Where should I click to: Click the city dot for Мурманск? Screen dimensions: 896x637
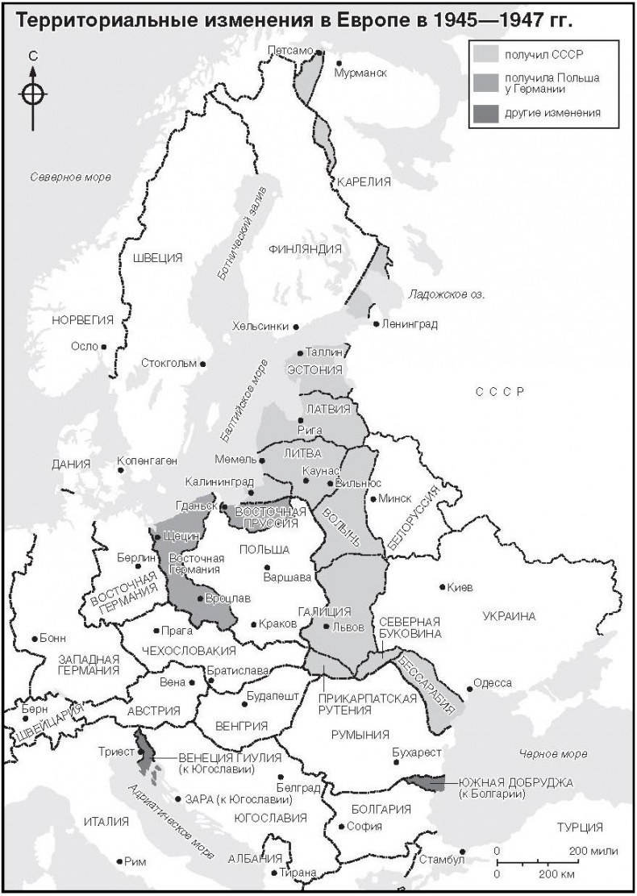tap(339, 63)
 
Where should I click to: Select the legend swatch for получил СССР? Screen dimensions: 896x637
tap(485, 54)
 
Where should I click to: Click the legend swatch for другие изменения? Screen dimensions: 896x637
tap(485, 114)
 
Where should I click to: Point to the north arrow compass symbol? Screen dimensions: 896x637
tap(32, 93)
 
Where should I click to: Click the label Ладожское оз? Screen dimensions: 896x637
tap(446, 294)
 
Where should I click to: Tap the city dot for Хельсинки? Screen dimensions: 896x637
tap(296, 327)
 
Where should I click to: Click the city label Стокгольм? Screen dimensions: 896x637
tap(168, 363)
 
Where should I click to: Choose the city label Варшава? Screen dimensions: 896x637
tap(287, 577)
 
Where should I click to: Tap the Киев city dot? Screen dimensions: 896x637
tap(442, 587)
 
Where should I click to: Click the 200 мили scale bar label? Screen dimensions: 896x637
tap(593, 851)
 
